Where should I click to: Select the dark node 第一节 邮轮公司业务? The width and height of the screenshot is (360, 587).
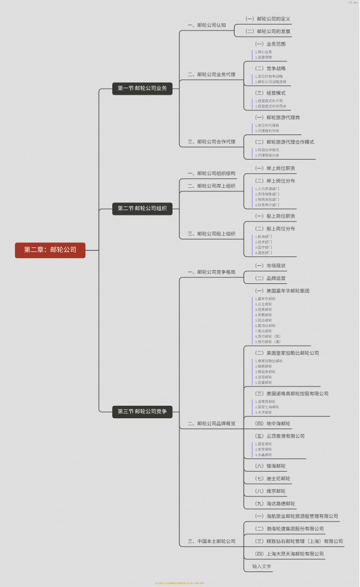(x=142, y=88)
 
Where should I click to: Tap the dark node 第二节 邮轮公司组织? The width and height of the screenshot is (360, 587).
(x=142, y=208)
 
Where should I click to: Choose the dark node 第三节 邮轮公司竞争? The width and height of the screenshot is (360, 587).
(x=142, y=411)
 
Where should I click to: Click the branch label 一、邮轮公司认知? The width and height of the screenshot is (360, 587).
(x=207, y=25)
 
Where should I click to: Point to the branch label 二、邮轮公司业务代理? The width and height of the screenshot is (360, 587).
(x=212, y=74)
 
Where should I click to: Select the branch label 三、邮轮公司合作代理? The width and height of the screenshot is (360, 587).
(x=212, y=142)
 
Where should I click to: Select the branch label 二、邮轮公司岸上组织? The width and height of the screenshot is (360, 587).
(x=212, y=186)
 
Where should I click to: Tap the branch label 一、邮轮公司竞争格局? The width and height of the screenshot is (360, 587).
(x=212, y=272)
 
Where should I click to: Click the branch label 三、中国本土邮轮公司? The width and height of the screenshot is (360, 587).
(x=212, y=541)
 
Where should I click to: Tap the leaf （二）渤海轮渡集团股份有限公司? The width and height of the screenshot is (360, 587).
(x=289, y=529)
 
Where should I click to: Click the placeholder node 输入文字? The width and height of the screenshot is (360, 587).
(x=262, y=566)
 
